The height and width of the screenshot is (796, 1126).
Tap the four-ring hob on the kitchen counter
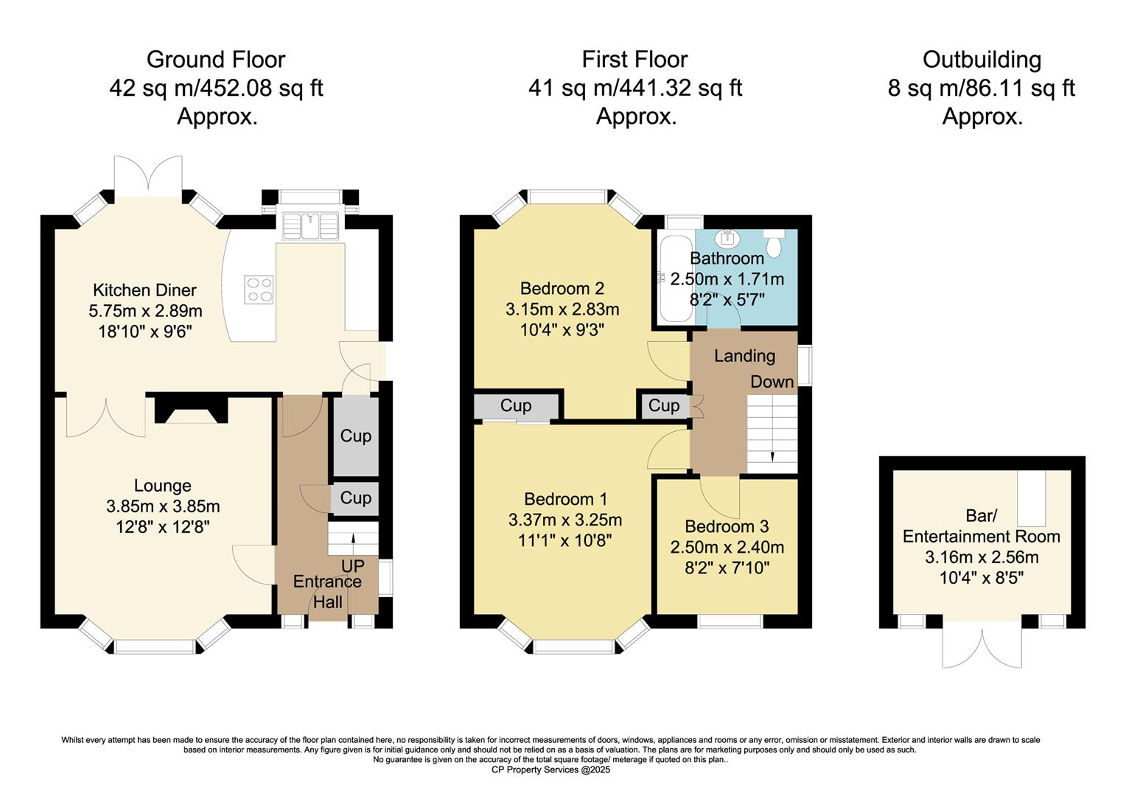[259, 288]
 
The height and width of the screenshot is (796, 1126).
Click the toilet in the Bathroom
[774, 242]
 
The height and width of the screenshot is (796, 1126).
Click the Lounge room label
[163, 486]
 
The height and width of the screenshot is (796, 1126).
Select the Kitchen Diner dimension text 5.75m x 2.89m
[145, 311]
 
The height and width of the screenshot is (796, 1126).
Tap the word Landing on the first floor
[744, 356]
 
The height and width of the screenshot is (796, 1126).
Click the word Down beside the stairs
[772, 382]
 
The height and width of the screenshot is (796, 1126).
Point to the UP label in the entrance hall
[352, 566]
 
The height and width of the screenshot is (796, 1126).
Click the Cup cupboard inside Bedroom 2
[517, 406]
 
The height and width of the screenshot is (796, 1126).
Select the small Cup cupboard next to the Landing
[663, 406]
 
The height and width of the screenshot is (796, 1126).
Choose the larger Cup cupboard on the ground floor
[356, 436]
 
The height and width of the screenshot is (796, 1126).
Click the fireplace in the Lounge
[191, 410]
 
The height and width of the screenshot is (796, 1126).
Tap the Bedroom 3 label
[727, 526]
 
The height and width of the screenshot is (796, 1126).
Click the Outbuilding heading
[982, 60]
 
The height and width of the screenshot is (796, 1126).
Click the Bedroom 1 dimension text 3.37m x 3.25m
[565, 520]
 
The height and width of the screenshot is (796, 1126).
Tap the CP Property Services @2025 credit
[550, 770]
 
